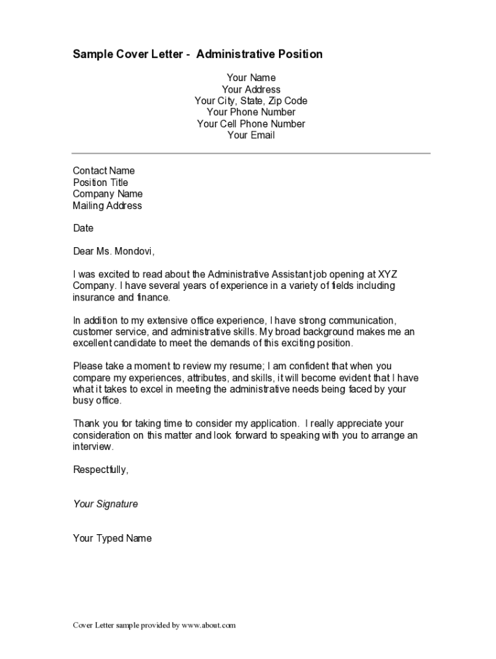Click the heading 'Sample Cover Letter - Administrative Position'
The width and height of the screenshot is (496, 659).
coord(197,54)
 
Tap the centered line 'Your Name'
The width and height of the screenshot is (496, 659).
coord(251,78)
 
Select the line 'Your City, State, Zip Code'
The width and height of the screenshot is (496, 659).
coord(251,101)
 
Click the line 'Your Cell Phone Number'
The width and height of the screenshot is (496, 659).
coord(251,124)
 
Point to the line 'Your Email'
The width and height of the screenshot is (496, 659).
coord(251,135)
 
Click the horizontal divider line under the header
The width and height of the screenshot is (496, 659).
coord(251,153)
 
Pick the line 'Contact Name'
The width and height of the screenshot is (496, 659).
coord(104,171)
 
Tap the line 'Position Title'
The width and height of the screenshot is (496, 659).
coord(100,183)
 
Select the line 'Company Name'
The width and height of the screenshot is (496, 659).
coord(108,194)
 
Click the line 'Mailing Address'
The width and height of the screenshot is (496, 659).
coord(107,206)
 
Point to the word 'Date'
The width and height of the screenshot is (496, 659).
coord(83,228)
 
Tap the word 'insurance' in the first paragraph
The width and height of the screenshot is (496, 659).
coord(94,297)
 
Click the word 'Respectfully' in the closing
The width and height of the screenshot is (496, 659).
coord(100,470)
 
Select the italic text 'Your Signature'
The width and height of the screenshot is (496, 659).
coord(105,504)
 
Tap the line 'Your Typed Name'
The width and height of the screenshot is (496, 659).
coord(112,538)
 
